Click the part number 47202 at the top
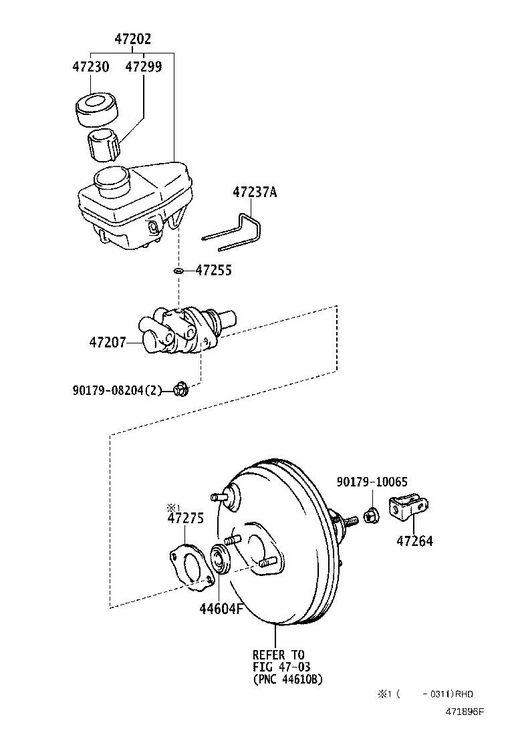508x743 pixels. pyautogui.click(x=132, y=39)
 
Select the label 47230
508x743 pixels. pyautogui.click(x=90, y=67)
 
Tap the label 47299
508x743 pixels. pyautogui.click(x=143, y=67)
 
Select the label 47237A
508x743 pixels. pyautogui.click(x=254, y=192)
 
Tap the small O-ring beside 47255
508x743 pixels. pyautogui.click(x=178, y=271)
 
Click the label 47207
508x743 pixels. pyautogui.click(x=108, y=342)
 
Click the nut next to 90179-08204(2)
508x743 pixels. pyautogui.click(x=180, y=388)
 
